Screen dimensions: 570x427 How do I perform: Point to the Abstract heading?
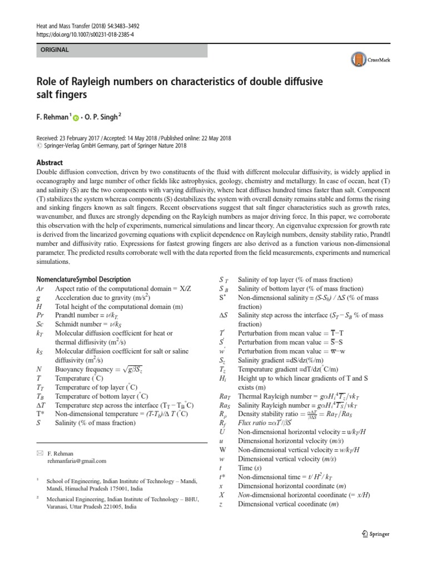tap(49, 163)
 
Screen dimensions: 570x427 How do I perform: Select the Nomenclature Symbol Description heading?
tap(83, 279)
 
